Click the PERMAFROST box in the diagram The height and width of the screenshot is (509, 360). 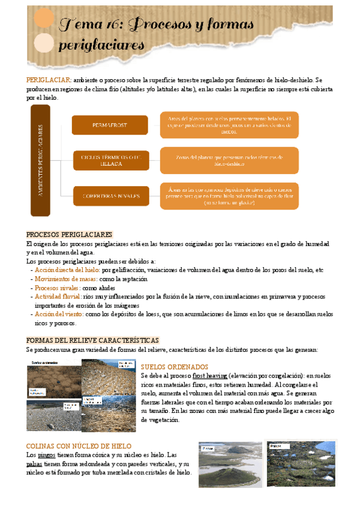(x=110, y=125)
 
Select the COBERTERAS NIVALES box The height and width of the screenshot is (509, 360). (x=112, y=196)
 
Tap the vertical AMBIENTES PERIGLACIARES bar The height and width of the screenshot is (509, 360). (x=40, y=160)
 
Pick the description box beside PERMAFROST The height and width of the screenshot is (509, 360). (x=229, y=125)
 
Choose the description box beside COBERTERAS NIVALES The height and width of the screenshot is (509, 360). (x=229, y=196)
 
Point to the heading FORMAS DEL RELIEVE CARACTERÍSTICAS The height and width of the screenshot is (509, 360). (x=93, y=340)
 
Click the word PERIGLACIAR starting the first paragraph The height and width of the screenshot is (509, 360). (x=49, y=80)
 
